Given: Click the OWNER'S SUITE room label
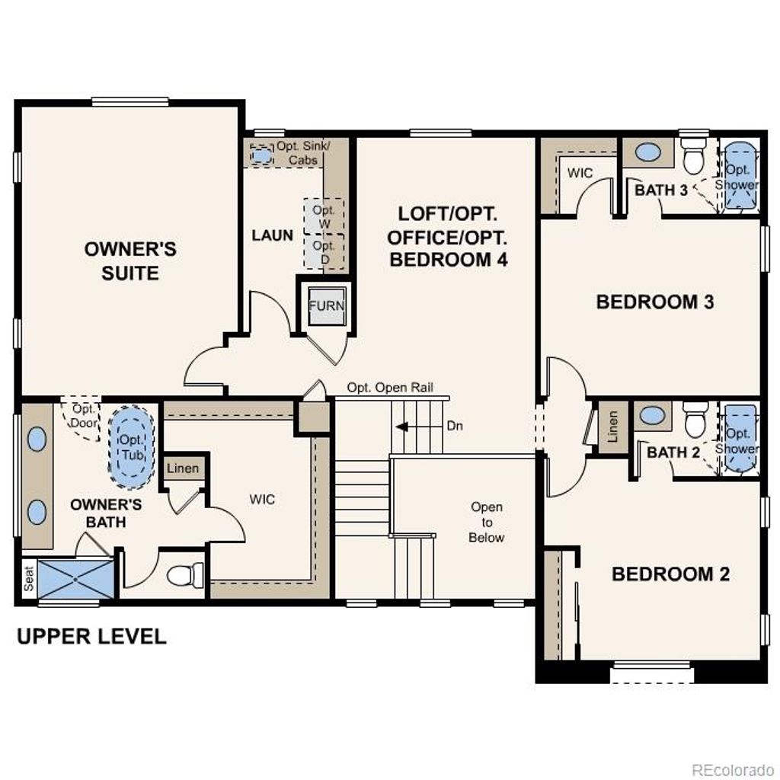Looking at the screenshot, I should pos(130,261).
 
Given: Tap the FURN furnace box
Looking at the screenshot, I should pos(326,306).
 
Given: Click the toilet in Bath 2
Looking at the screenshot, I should pos(695,420).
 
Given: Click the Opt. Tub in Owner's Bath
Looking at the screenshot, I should pos(131,446).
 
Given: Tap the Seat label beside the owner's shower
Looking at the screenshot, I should pos(27,580).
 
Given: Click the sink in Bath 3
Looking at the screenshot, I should pos(647,152).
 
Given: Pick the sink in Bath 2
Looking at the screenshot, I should pos(652,416).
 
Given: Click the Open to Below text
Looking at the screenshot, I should pos(486,522).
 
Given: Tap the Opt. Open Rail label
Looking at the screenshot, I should pos(390,387).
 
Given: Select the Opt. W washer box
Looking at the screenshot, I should pos(324,216).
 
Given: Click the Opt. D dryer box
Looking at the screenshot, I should pos(324,252).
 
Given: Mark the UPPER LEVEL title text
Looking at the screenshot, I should pos(91,636).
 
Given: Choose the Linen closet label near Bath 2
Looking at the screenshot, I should pos(613,426).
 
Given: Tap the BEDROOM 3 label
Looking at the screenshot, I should pos(654,302).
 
